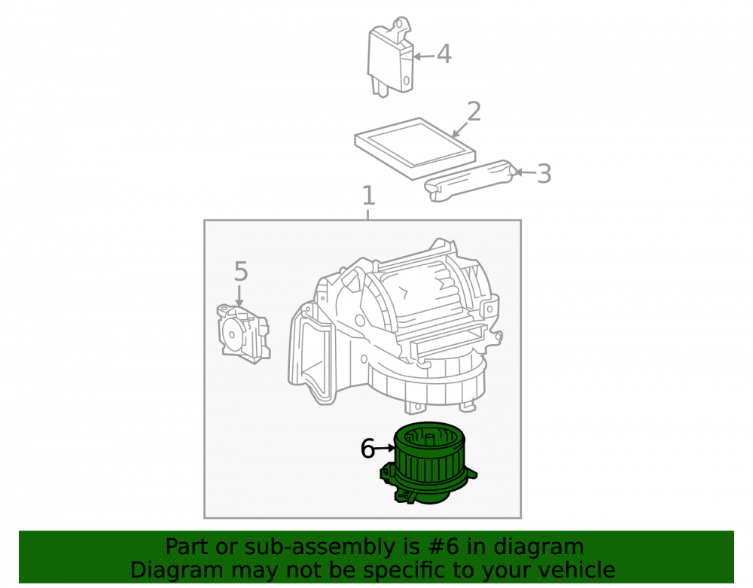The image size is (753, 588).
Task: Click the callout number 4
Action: (444, 53)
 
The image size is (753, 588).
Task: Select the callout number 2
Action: (474, 111)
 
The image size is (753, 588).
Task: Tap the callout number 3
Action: (544, 173)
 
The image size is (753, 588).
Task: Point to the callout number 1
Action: (368, 195)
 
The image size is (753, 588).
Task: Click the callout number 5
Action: (241, 271)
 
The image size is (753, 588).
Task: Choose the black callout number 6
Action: (367, 449)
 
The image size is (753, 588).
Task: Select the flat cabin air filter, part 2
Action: (416, 148)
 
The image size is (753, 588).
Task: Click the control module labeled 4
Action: (390, 58)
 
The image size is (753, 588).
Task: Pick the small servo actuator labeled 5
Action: (243, 333)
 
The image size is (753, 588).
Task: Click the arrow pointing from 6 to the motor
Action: (385, 448)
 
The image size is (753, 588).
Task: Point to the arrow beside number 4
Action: (424, 56)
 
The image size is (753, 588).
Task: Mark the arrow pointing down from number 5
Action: (239, 295)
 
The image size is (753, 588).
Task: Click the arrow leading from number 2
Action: (460, 129)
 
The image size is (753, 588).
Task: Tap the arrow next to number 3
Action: (525, 172)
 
